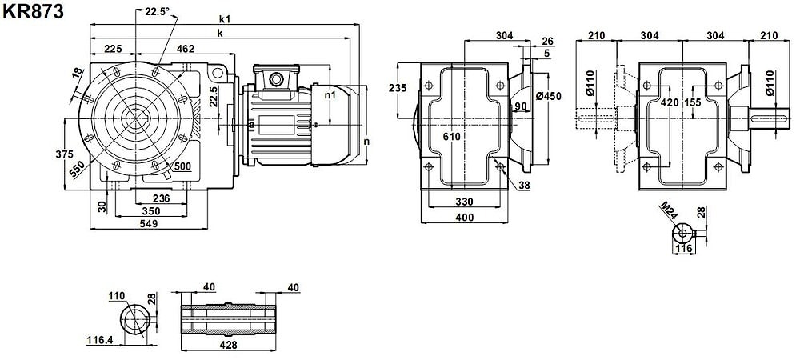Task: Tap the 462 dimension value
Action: click(x=185, y=50)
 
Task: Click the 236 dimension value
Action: click(x=161, y=199)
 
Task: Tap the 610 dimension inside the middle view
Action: click(x=453, y=137)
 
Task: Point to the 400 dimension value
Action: click(x=464, y=217)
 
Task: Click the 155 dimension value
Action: click(x=694, y=102)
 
